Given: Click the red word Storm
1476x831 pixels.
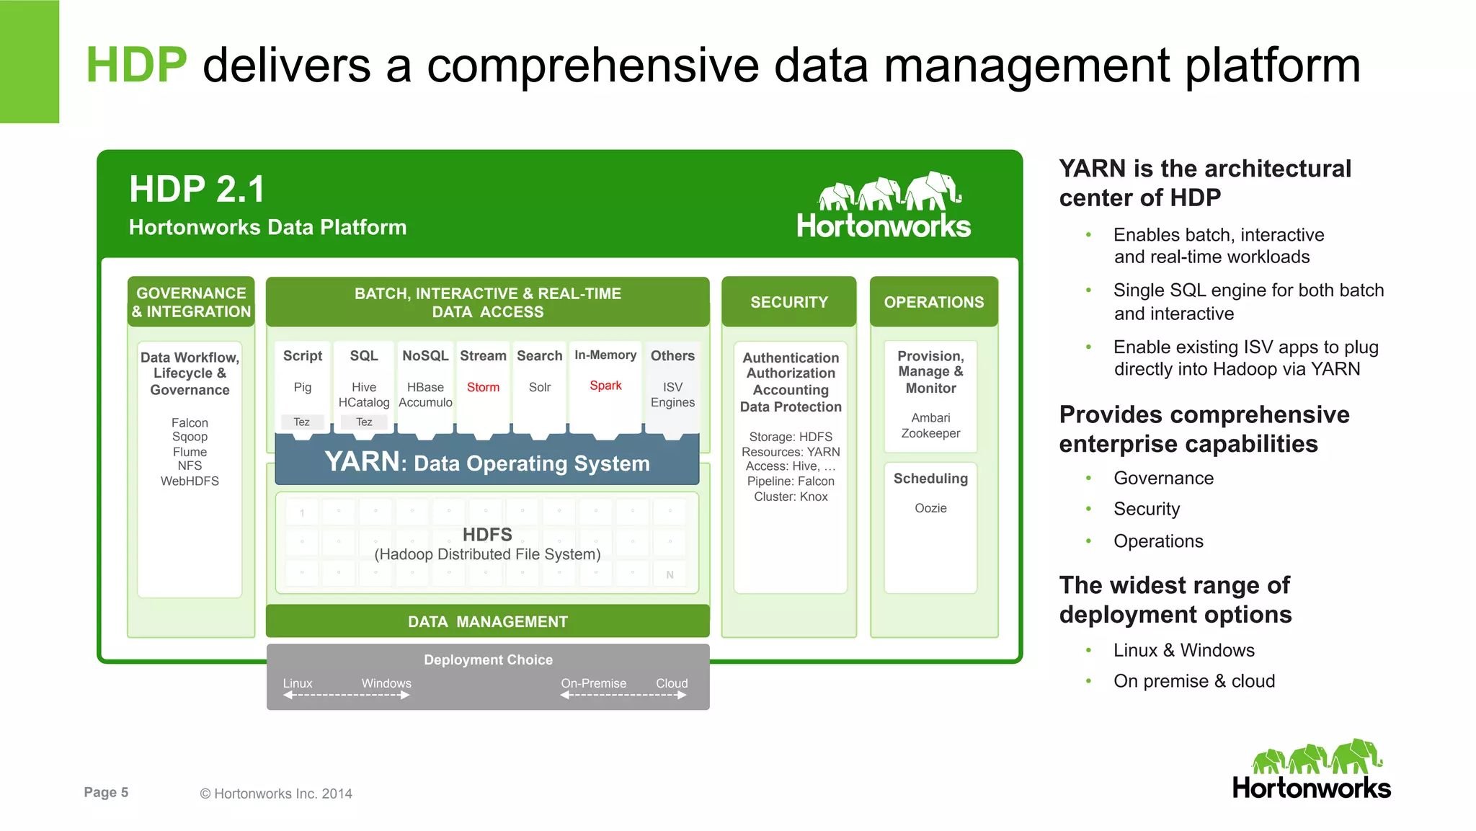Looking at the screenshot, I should tap(483, 387).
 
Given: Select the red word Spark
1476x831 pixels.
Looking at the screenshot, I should tap(605, 386).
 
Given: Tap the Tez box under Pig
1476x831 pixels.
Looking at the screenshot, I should tap(302, 422).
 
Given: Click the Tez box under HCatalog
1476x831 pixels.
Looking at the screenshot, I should tap(364, 422).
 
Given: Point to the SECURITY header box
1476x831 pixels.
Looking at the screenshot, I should tap(789, 302).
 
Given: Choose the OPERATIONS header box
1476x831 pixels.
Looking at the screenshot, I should tap(933, 302).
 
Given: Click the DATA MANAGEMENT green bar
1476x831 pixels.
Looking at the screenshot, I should tap(488, 621).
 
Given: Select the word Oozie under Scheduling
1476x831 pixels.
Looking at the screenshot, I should tap(930, 508).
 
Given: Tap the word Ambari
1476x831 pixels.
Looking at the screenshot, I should tap(930, 418).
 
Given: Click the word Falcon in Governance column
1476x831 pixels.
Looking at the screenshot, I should tap(190, 423).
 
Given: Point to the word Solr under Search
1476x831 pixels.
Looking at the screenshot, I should tap(539, 387).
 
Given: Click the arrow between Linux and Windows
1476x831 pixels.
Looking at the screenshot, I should tap(347, 696).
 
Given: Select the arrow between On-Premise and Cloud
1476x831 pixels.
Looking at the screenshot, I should tap(623, 696).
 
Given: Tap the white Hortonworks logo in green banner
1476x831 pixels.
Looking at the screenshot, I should tap(884, 206).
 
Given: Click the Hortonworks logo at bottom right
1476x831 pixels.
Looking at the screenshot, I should tap(1311, 770).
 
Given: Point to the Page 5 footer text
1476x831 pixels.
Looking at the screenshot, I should tap(106, 792).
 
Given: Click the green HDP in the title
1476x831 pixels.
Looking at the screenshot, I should tap(136, 65).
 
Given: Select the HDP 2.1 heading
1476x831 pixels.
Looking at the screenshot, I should tap(197, 190).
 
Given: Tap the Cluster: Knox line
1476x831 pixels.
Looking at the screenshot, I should tap(791, 497).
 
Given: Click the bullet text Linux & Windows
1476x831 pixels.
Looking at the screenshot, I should tap(1183, 650).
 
